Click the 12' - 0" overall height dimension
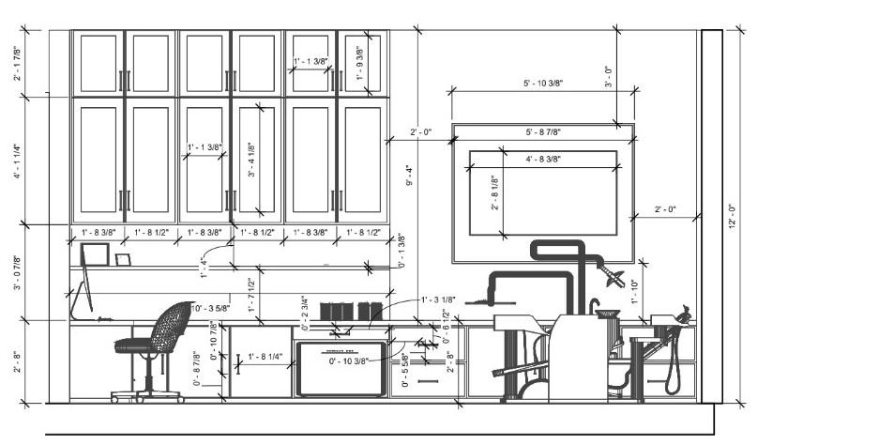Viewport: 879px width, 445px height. (x=732, y=217)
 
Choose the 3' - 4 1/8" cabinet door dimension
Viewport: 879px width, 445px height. (x=251, y=161)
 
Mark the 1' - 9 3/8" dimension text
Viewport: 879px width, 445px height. (x=358, y=64)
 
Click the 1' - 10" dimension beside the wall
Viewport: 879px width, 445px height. (x=634, y=292)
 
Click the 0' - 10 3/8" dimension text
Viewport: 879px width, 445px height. (x=347, y=361)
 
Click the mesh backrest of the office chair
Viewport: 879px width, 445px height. (x=171, y=327)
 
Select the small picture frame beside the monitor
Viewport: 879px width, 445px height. (x=123, y=258)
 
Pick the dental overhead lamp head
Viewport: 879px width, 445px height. (x=615, y=275)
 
